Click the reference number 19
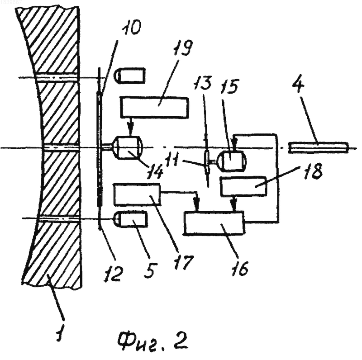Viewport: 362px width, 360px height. coord(182,48)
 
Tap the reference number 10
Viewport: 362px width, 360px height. coord(132,28)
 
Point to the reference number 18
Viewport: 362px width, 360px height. coord(313,171)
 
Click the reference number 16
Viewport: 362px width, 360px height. coord(240,268)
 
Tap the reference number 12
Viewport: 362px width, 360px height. coord(114,274)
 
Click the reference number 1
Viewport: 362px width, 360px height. coord(60,332)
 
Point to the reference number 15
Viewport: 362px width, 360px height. coord(229,86)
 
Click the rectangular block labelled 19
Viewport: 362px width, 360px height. coord(154,108)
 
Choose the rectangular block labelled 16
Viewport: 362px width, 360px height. coord(214,223)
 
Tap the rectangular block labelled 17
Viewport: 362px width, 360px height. coord(137,194)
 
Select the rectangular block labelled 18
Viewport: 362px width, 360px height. coord(243,186)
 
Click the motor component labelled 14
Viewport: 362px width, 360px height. coord(128,148)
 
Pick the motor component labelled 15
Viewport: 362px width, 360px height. coord(232,161)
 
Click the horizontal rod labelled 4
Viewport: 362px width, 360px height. coord(319,147)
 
